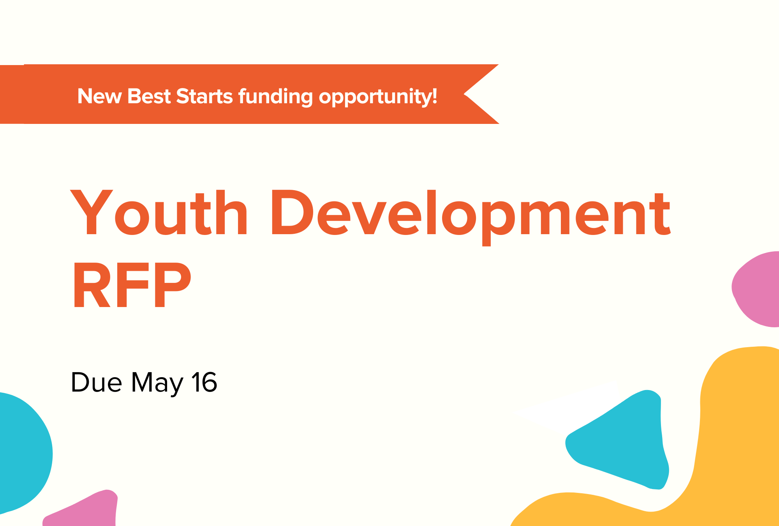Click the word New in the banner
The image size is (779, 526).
[99, 96]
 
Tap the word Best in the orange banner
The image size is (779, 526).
[149, 96]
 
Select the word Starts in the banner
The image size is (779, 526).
[204, 96]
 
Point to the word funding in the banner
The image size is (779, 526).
[275, 97]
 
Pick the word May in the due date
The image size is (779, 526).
[157, 383]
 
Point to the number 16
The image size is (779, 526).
[204, 382]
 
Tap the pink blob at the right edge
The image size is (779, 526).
[758, 289]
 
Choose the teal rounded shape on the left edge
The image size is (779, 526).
[23, 452]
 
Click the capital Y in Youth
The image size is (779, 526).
[92, 213]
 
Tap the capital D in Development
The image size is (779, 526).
[292, 213]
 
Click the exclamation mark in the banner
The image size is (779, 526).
[434, 96]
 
